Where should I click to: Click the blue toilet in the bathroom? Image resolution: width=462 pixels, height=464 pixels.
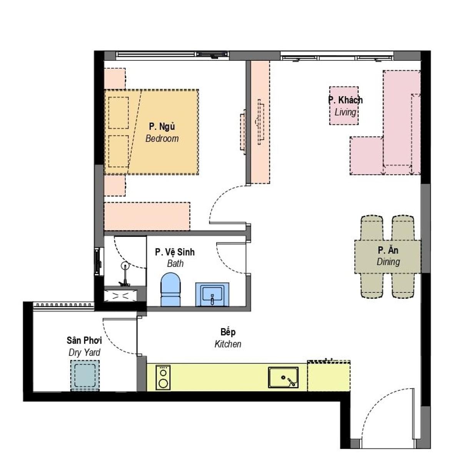point(170,289)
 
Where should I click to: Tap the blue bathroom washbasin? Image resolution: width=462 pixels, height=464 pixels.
point(212,294)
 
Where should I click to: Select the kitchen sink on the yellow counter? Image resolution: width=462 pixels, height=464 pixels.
point(284,377)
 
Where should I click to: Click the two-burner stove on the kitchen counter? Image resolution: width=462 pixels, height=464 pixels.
point(163,377)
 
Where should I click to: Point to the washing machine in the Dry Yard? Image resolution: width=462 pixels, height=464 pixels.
point(85,376)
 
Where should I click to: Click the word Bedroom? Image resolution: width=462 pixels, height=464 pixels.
point(162,139)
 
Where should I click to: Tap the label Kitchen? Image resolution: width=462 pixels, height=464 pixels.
point(228,344)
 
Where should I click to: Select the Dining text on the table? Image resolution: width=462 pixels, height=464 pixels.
point(388,262)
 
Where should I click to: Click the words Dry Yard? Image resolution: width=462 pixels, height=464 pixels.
point(84,352)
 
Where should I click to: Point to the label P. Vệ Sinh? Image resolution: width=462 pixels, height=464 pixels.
point(175,252)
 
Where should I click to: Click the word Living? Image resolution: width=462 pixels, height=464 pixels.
point(345,112)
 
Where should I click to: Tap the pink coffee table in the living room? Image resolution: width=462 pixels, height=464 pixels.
point(344,106)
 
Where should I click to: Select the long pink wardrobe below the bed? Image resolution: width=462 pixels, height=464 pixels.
point(147,216)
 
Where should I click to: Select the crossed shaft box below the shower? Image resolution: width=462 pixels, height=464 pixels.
point(120,296)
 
